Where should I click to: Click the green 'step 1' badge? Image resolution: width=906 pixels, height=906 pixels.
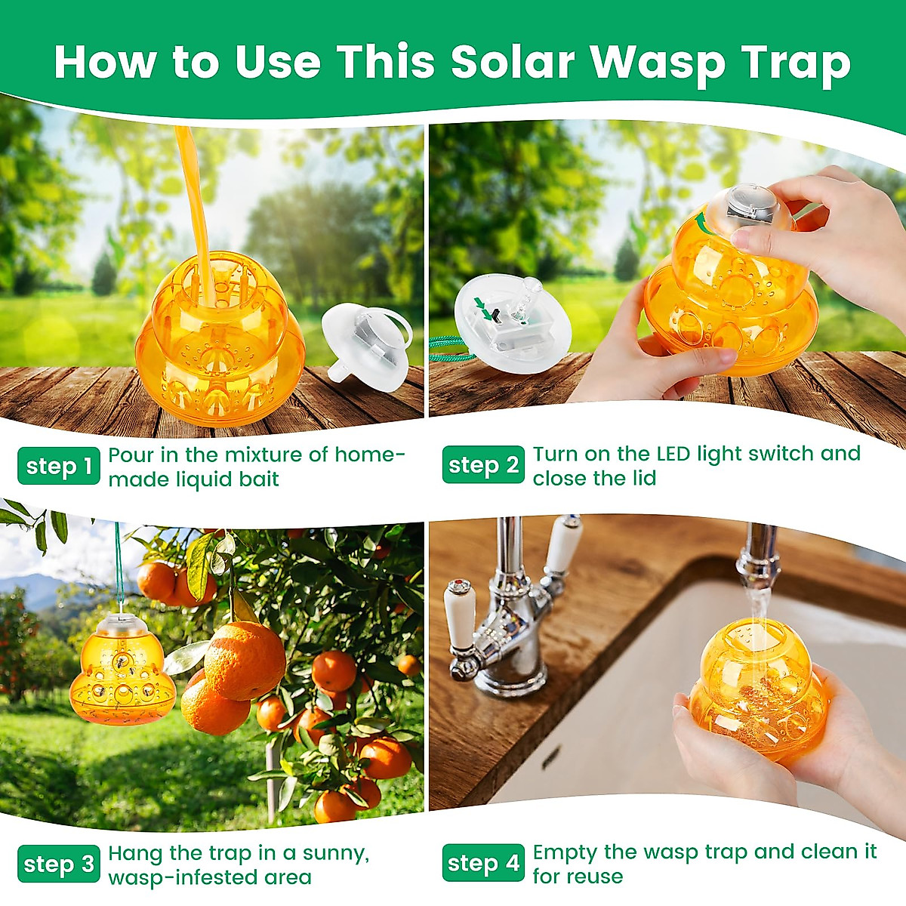(x=58, y=466)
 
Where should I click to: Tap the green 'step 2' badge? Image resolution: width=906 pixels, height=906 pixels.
(x=483, y=465)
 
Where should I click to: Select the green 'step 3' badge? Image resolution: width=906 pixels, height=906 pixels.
(x=58, y=864)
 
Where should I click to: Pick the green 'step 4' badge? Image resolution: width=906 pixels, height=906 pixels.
(x=483, y=863)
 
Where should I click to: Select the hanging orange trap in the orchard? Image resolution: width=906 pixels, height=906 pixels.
(x=122, y=672)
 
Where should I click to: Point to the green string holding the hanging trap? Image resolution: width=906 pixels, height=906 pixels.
(x=119, y=566)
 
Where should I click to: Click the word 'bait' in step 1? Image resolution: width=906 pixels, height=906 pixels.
(x=257, y=479)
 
